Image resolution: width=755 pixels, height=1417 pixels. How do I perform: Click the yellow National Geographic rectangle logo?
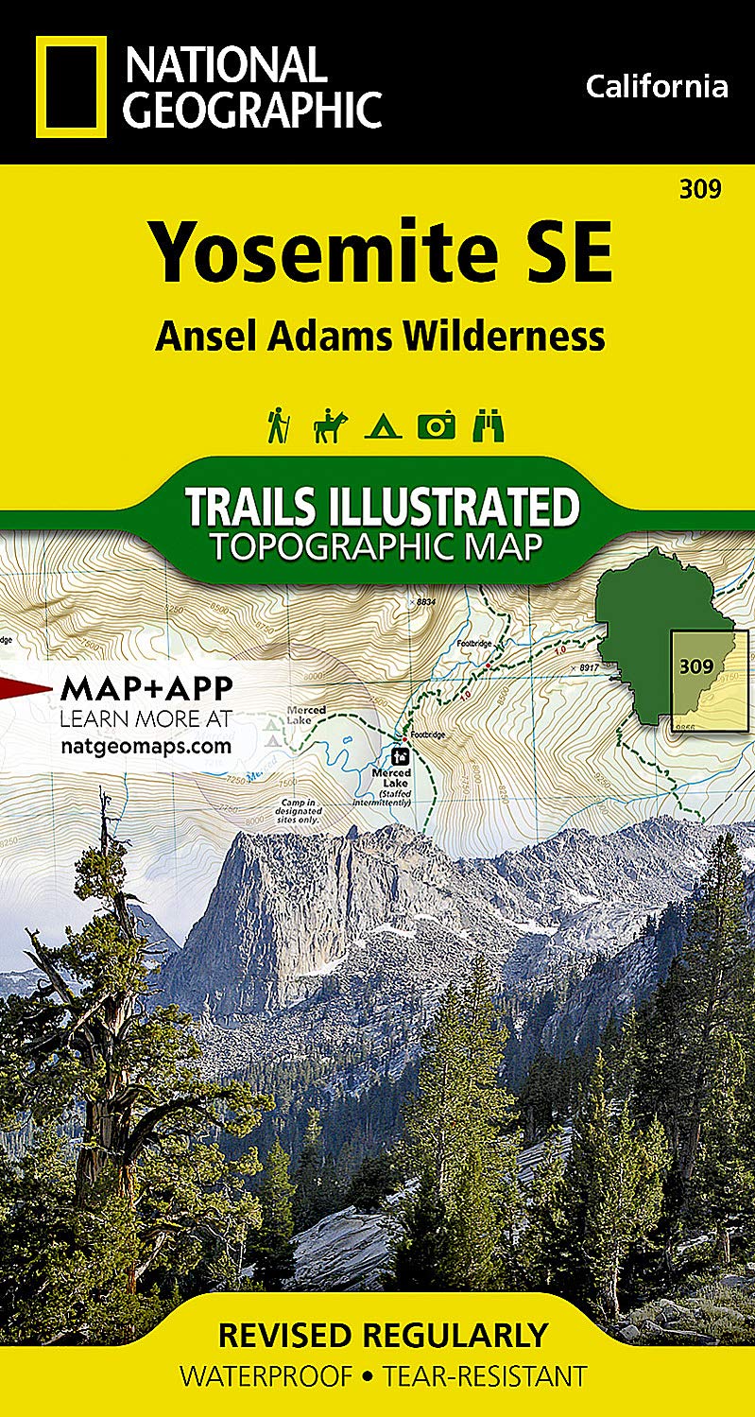71,88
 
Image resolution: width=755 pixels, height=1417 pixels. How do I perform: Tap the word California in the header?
657,87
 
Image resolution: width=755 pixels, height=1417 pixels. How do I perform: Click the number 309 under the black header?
699,189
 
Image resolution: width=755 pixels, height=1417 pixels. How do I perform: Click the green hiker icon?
278,424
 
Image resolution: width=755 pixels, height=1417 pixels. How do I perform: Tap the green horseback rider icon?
330,425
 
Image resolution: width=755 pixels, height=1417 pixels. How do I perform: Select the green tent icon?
384,428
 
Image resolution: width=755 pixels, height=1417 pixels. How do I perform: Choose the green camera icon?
436,425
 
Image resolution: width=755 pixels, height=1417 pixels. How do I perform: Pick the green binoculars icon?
489,425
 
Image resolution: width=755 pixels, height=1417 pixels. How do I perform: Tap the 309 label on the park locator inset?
695,665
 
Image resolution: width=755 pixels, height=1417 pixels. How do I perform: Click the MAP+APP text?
146,688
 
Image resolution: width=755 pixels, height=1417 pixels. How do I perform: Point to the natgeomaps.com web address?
146,745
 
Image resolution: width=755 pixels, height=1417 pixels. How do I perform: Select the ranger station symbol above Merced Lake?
401,755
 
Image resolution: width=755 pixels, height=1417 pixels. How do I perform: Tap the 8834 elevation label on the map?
428,601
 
